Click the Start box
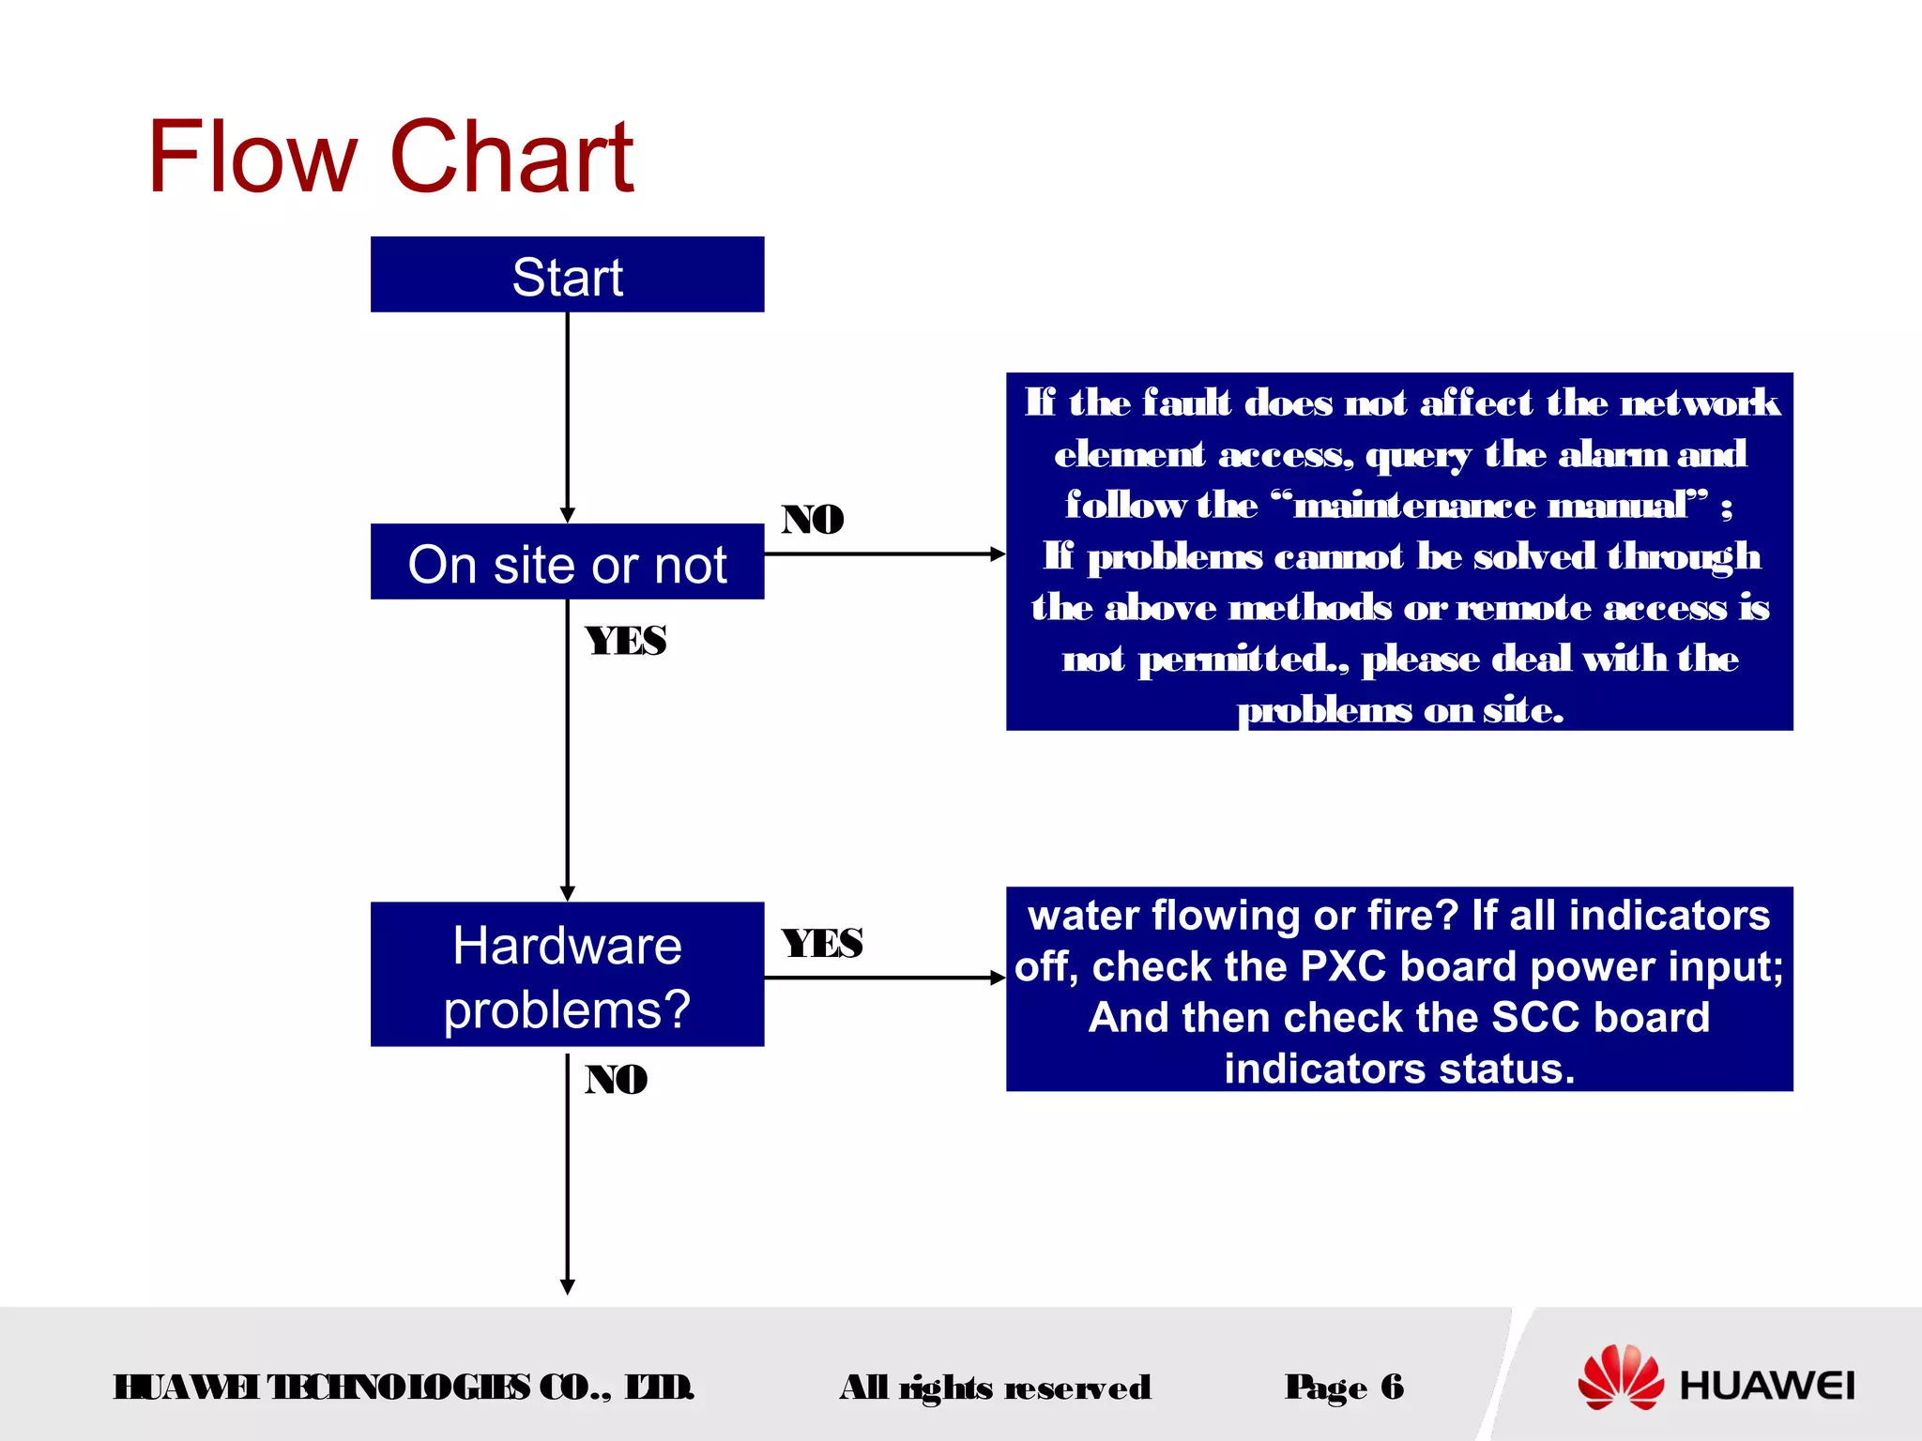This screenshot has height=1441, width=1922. click(x=567, y=275)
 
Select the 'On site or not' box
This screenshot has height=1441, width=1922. click(x=567, y=563)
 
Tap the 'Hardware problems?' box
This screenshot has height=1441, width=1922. click(x=567, y=975)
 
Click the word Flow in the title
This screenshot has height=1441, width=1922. click(x=252, y=158)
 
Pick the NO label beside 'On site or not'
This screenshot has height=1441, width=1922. click(x=813, y=519)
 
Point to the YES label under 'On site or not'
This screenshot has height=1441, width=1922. click(x=626, y=641)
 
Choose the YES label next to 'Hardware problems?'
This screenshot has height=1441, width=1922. click(x=822, y=943)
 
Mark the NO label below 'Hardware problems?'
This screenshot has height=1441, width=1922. click(x=617, y=1079)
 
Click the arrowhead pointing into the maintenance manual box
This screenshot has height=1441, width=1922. click(x=999, y=554)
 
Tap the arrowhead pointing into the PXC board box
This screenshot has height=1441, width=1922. click(x=999, y=978)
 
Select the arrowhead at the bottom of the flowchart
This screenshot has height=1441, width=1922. click(x=567, y=1287)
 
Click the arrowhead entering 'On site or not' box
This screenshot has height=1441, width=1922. click(x=567, y=516)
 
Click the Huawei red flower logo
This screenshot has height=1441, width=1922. click(x=1620, y=1377)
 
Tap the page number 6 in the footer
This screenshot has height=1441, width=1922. click(x=1393, y=1386)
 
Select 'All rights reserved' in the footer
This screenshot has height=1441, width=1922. click(x=996, y=1387)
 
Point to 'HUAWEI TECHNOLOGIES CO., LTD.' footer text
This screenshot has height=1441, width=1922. click(x=404, y=1387)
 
